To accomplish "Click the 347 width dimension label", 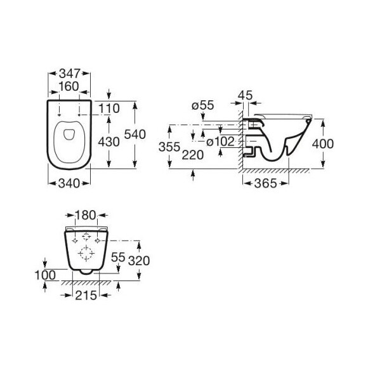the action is coord(70,74).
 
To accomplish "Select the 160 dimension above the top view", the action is coord(69,86).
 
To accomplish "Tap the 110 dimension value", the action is coord(109,108).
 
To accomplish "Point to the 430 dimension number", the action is coord(109,141).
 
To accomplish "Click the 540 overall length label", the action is coord(135,135).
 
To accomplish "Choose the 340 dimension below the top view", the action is coord(69,183).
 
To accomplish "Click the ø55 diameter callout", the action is coord(203,105).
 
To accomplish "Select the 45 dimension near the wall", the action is coord(245,95).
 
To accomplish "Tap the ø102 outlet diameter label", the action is coord(220,141).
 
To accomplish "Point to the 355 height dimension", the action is coord(169,147).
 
